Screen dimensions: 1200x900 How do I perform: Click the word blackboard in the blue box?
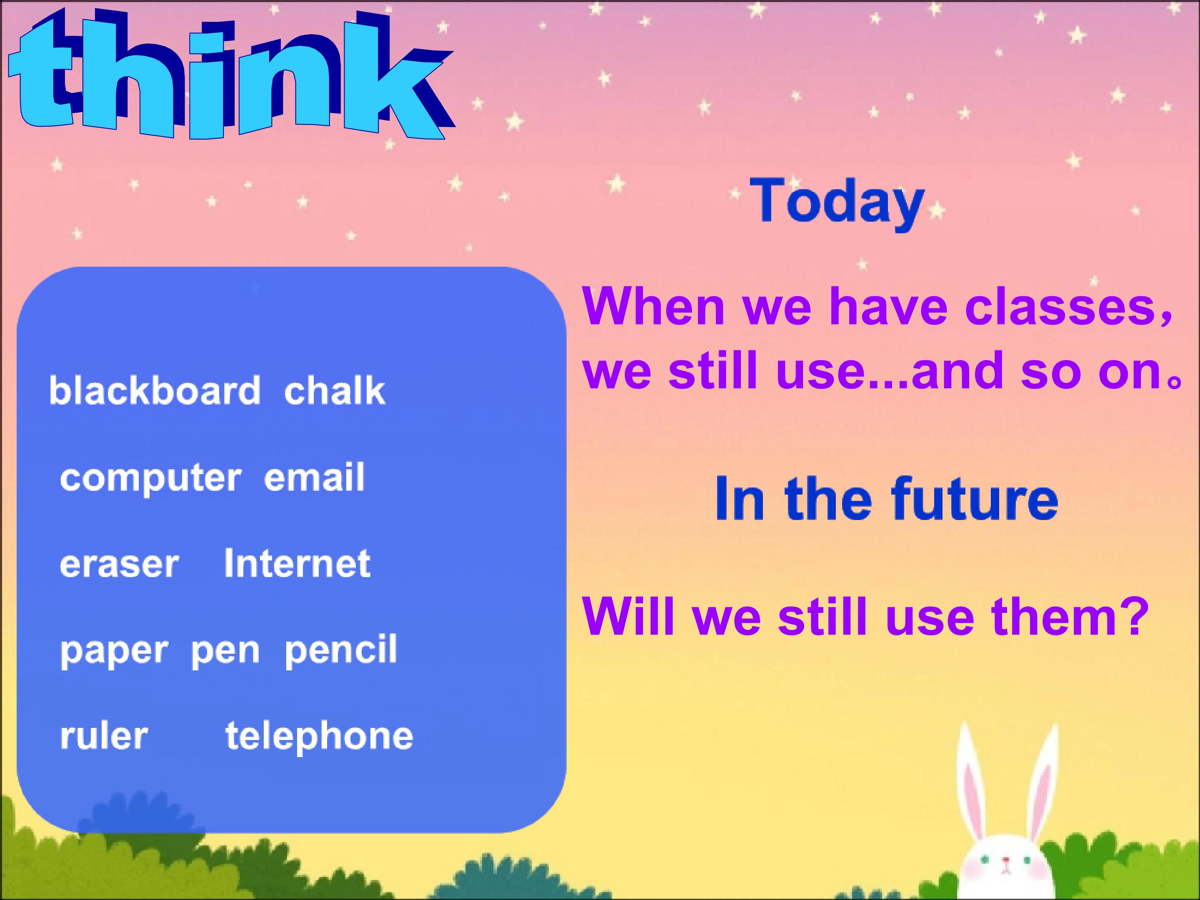click(x=155, y=390)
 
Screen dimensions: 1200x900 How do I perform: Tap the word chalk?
click(x=335, y=390)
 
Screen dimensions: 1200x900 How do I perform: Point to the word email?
click(x=314, y=477)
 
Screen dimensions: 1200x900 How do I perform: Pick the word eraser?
click(x=119, y=564)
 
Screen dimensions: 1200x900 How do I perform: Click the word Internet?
click(x=297, y=562)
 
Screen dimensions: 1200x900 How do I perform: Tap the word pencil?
click(x=341, y=649)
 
